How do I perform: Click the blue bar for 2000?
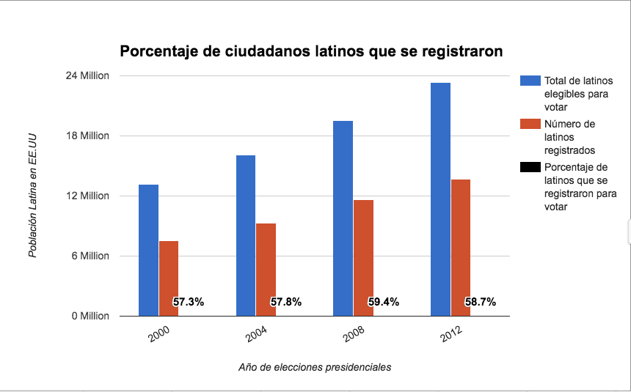[149, 250]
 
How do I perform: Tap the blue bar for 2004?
[246, 235]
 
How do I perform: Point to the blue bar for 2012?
[440, 199]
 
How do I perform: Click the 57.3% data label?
[189, 302]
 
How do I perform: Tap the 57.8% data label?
[285, 302]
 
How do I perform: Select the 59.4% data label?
[383, 302]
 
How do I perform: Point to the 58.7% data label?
[481, 302]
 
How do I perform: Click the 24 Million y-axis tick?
[89, 75]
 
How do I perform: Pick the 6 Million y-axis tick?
[92, 256]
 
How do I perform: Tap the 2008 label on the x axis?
[354, 336]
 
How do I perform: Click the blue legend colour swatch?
[529, 81]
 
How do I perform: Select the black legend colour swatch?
[529, 167]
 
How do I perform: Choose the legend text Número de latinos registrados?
[569, 137]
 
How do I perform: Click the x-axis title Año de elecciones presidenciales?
[315, 367]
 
